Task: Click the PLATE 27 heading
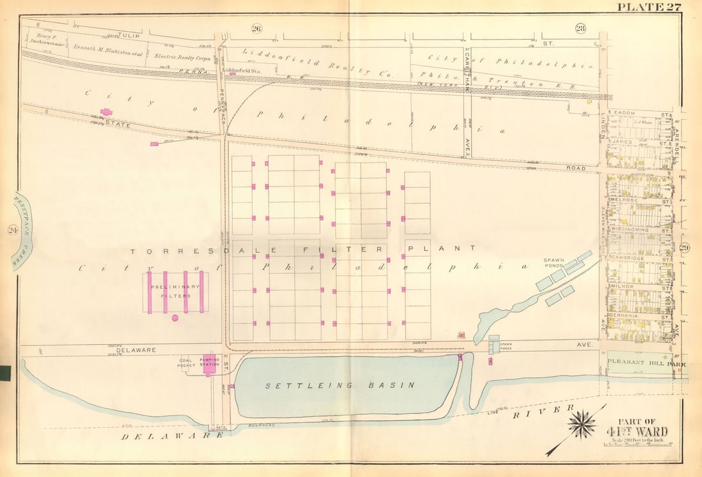(648, 7)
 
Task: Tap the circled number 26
(256, 27)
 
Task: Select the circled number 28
(580, 27)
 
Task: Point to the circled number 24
(11, 231)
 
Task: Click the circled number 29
(684, 248)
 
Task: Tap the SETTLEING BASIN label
(340, 385)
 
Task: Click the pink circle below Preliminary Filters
(175, 317)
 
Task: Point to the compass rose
(582, 425)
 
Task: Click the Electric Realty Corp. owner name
(179, 56)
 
